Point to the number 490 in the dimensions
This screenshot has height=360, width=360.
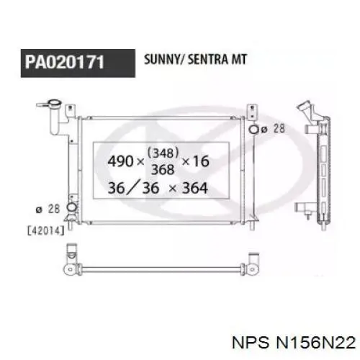coord(120,161)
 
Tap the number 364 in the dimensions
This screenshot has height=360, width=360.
coord(194,189)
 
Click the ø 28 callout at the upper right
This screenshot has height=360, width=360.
coord(274,130)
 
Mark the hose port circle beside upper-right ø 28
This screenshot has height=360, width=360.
coord(253,130)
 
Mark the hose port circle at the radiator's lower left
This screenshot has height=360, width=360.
coord(71,209)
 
